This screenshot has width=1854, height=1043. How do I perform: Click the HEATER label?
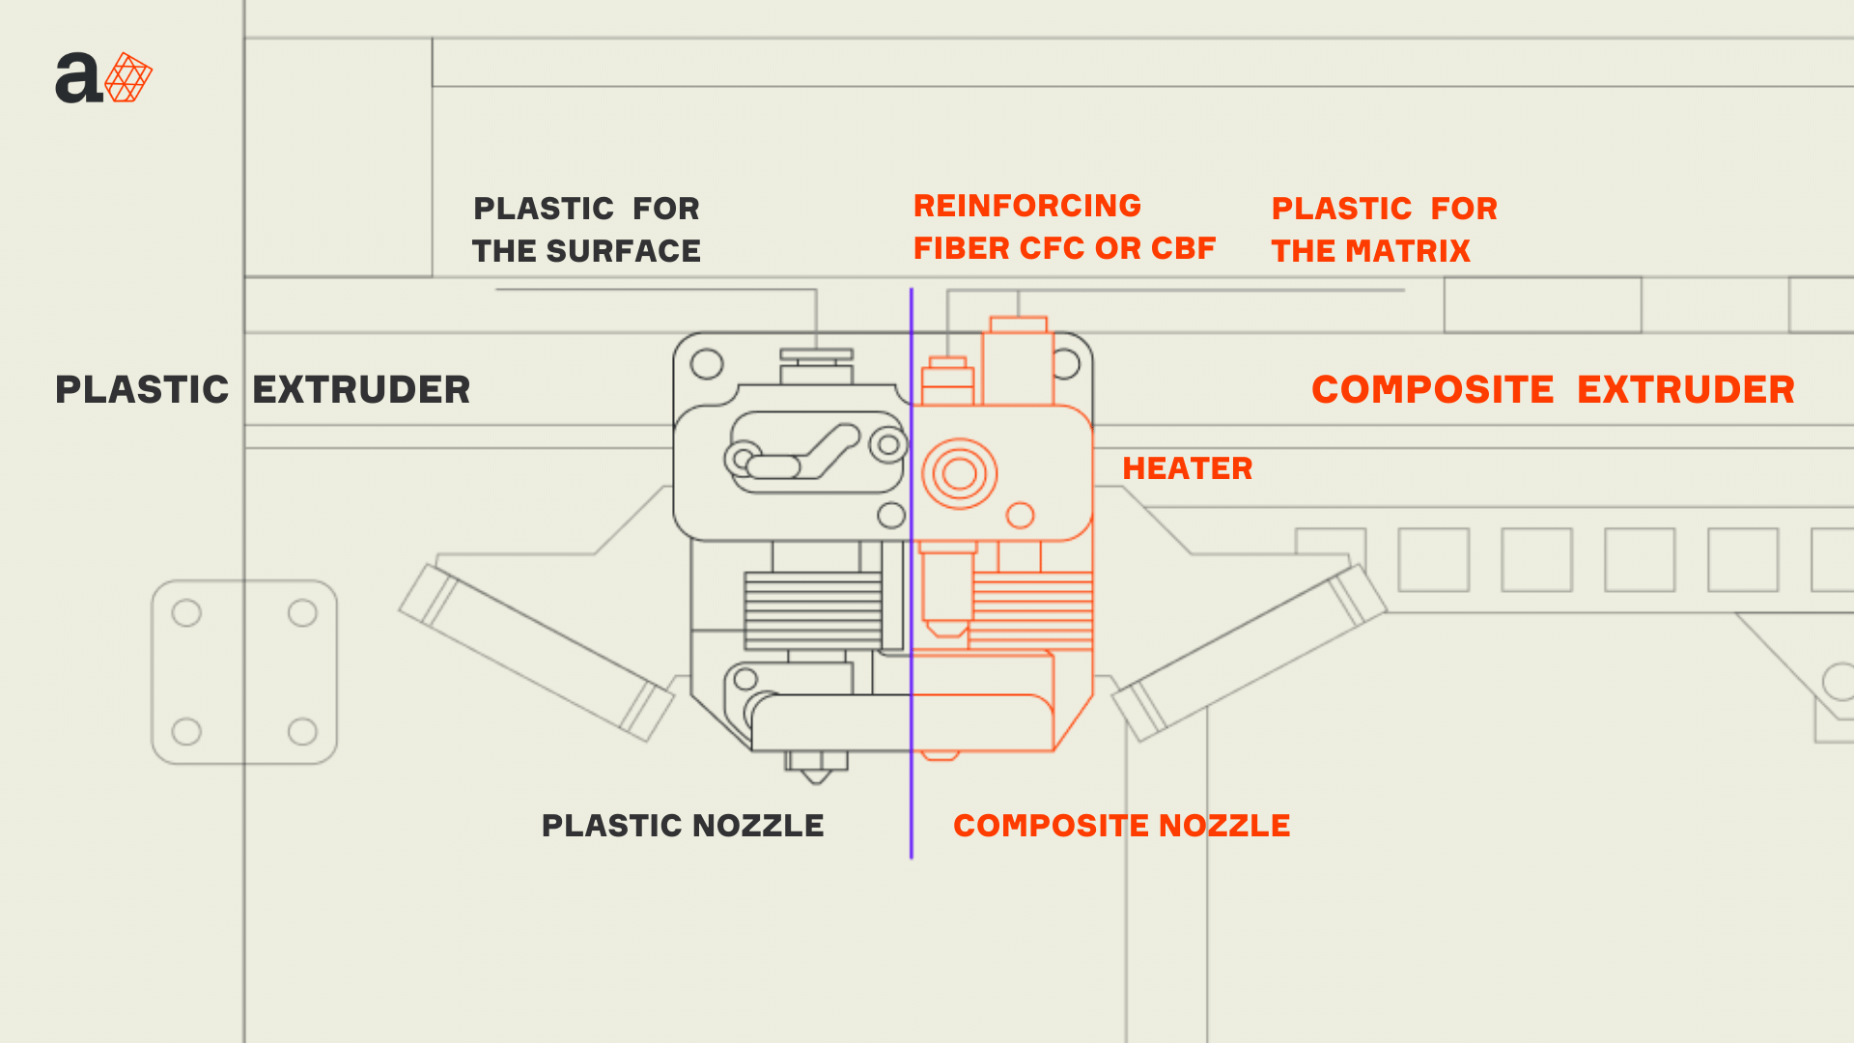[1187, 468]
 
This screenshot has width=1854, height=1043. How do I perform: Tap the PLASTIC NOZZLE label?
[683, 826]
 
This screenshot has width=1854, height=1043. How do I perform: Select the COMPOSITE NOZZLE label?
[1121, 826]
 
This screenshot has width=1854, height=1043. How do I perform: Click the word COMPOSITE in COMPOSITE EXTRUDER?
[1432, 389]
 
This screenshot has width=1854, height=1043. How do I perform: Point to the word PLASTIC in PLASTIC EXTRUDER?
[142, 389]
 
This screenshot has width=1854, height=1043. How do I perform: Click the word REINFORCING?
[1027, 206]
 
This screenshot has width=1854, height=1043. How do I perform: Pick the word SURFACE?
[624, 251]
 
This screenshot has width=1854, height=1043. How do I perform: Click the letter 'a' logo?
[77, 78]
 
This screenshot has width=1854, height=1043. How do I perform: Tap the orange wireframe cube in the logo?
[128, 77]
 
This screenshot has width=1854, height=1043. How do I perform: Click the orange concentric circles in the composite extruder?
[959, 473]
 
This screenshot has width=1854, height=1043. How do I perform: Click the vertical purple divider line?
[911, 573]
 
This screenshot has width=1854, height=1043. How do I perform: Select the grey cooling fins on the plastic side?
[812, 610]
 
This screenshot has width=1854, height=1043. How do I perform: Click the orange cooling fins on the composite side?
[1030, 610]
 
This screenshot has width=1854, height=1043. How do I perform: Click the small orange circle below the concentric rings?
[1020, 516]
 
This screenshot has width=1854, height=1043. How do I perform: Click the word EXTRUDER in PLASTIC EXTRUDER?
[361, 389]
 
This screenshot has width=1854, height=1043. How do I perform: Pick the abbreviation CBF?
[1183, 248]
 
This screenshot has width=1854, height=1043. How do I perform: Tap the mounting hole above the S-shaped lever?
[707, 364]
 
